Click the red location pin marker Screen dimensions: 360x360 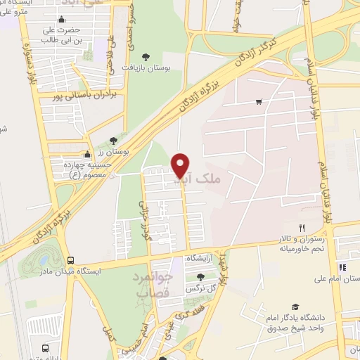point(181,166)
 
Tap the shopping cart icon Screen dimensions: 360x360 point(259,102)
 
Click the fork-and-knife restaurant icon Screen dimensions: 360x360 point(302,227)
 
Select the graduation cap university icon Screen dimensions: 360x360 point(296,307)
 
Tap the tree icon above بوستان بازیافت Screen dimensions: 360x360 point(146,56)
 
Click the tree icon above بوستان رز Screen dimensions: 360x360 point(114,141)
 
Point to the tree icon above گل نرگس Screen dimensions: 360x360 point(201,276)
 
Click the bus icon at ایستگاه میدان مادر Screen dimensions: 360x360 point(70,259)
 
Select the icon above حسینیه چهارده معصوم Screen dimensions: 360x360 point(87,155)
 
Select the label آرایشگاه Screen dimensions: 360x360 point(200,259)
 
